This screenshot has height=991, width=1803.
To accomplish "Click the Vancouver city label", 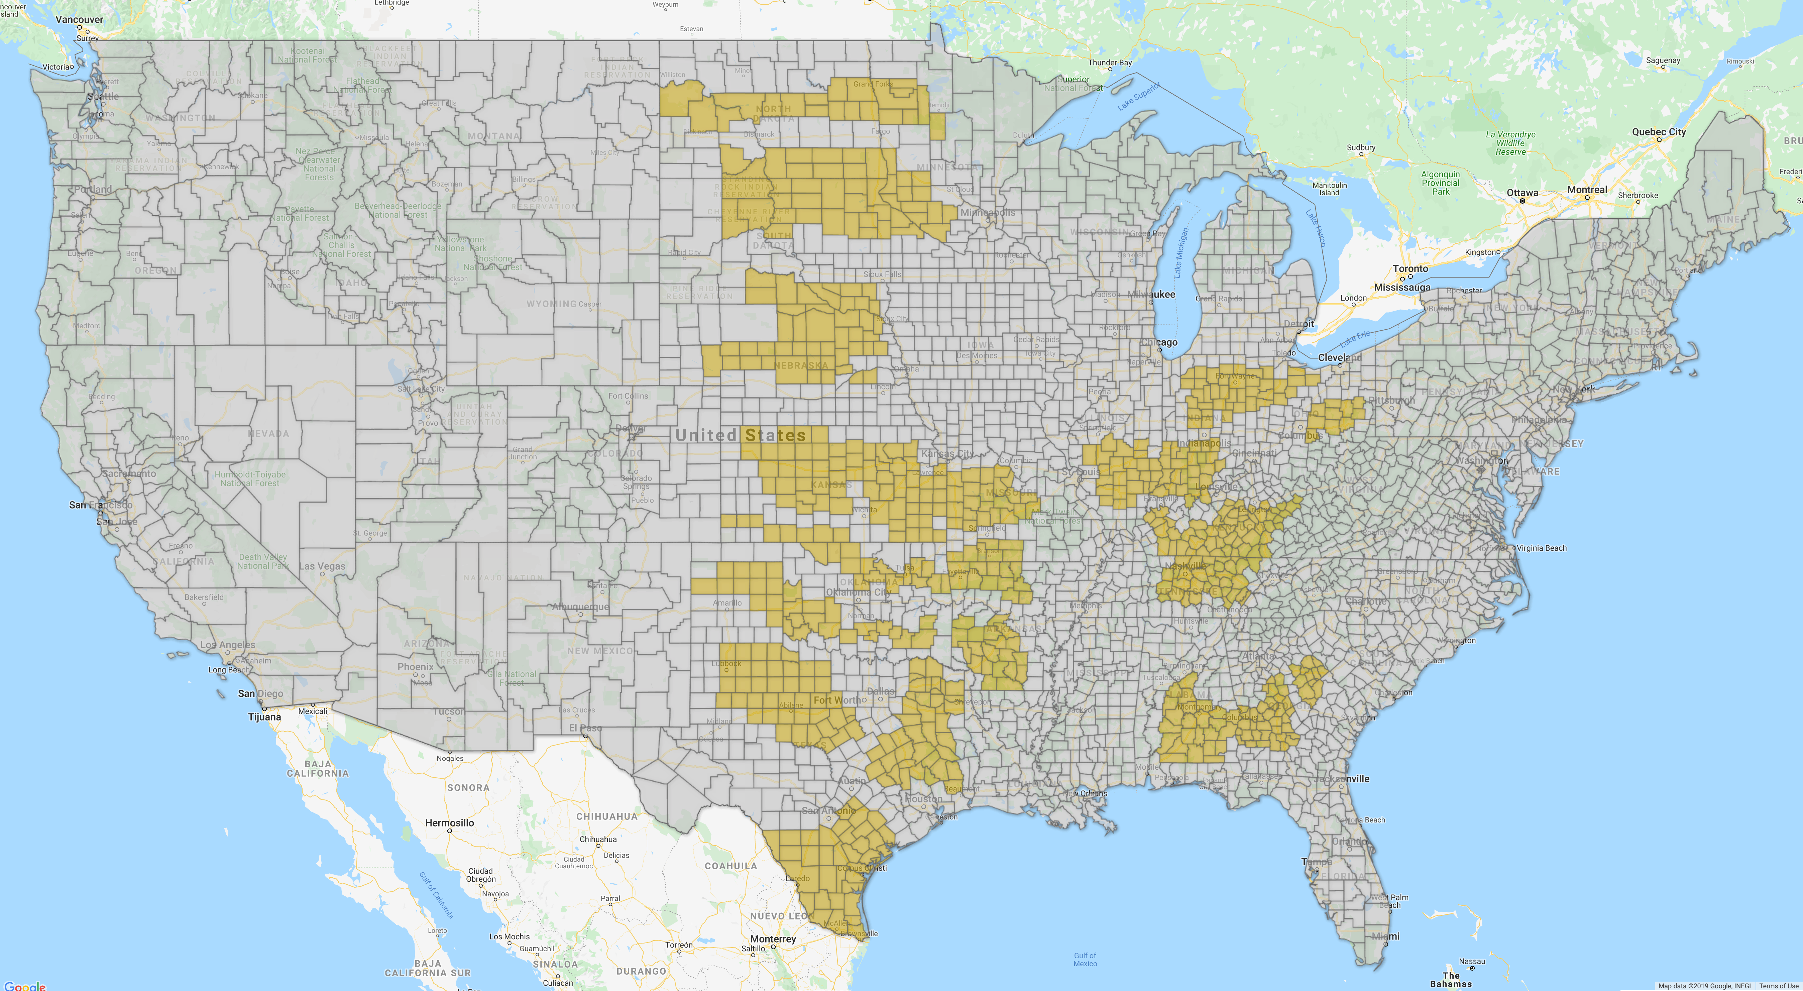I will coord(79,20).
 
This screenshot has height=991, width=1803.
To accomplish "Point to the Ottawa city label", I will coord(1522,193).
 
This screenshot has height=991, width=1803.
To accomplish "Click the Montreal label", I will coord(1587,190).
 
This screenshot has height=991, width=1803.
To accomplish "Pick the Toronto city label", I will coord(1411,269).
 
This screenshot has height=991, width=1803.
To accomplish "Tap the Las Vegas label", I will coord(322,566).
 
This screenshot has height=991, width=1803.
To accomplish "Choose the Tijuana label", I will coord(264,717).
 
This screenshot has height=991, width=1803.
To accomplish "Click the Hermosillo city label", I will coord(449,823).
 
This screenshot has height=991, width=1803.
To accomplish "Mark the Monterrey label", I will coord(773,939).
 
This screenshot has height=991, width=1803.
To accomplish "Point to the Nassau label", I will coord(1472,962).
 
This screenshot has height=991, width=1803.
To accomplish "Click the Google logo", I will coord(25,985).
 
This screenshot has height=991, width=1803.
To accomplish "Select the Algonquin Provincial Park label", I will coord(1441,183).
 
